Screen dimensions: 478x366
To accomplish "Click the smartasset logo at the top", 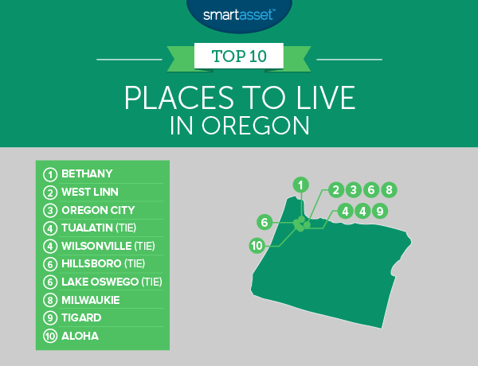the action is [239, 14].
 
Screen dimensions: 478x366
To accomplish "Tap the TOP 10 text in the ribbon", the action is [239, 56].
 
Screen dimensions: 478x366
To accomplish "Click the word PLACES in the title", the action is [179, 97].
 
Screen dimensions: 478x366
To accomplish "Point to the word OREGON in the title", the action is [255, 125].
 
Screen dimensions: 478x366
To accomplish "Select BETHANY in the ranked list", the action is [87, 173].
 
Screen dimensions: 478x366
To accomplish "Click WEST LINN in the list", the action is [90, 192].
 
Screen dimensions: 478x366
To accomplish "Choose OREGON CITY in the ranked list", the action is [98, 210].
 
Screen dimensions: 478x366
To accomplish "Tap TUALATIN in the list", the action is [87, 228].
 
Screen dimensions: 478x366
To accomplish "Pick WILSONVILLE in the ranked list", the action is [96, 246].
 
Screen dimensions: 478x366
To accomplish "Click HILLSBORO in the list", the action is [92, 263].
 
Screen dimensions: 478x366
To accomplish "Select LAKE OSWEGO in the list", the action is [100, 282].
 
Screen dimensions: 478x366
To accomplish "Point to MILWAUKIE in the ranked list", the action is [91, 300].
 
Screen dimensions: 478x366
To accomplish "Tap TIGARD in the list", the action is [81, 317].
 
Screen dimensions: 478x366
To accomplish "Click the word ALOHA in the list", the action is [80, 336].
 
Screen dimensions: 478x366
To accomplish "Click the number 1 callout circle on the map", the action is [301, 185].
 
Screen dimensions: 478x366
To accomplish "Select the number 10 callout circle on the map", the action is [257, 245].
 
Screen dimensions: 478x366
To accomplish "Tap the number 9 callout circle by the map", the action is [380, 211].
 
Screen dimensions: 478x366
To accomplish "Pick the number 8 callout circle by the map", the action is [389, 189].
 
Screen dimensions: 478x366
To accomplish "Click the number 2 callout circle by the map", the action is [336, 189].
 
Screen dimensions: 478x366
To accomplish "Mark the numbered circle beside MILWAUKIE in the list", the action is [50, 300].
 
